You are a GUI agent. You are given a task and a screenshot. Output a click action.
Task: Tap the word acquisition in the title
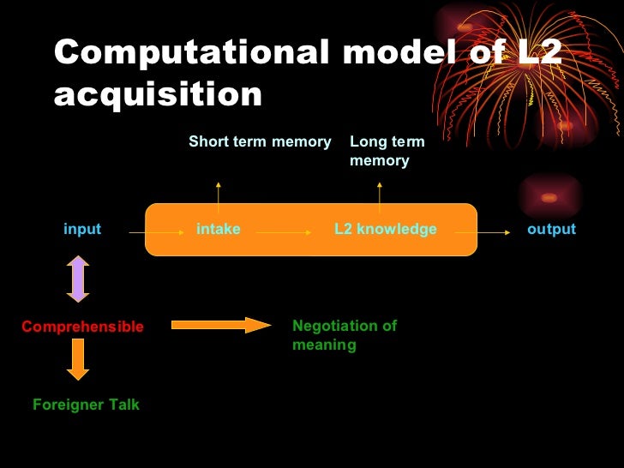[x=158, y=93]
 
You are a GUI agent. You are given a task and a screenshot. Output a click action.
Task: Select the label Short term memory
[x=260, y=141]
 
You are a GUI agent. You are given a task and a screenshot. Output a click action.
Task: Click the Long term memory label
[x=387, y=151]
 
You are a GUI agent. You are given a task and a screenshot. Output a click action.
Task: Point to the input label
[x=82, y=229]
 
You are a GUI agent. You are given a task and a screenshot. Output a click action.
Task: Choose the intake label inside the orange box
[x=219, y=229]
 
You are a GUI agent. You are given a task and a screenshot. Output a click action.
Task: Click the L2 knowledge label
[x=385, y=229]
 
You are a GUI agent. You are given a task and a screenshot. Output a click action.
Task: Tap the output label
[x=551, y=229]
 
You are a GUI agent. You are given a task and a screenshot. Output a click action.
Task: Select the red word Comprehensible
[x=82, y=327]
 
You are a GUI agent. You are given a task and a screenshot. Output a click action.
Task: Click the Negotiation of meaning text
[x=345, y=335]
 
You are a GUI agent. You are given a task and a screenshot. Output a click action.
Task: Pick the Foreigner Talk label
[x=86, y=405]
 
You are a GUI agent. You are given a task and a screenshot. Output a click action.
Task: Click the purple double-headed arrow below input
[x=78, y=279]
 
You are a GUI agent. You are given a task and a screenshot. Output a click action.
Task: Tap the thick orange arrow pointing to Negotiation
[x=221, y=325]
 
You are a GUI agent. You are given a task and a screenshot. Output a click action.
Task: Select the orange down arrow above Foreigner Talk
[x=78, y=359]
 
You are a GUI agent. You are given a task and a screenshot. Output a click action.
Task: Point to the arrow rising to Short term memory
[x=219, y=195]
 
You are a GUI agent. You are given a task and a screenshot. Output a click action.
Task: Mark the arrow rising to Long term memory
[x=380, y=192]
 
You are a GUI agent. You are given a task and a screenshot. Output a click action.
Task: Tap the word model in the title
[x=391, y=53]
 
